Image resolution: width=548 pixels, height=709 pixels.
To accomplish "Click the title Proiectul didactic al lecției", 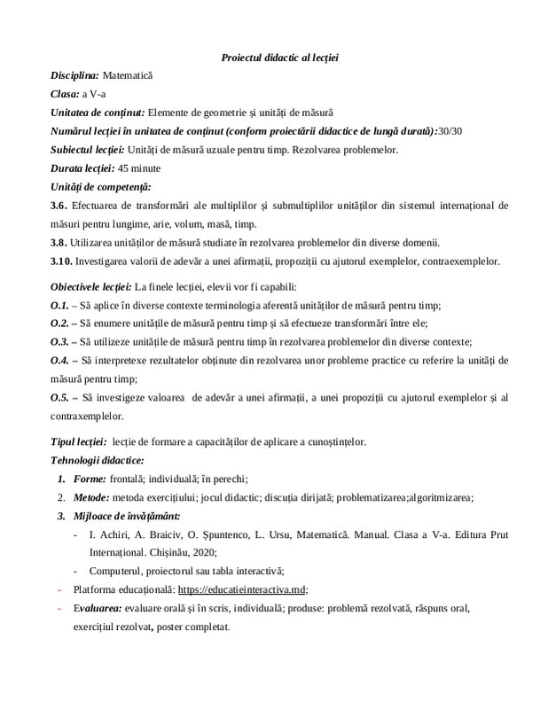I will [x=279, y=58].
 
